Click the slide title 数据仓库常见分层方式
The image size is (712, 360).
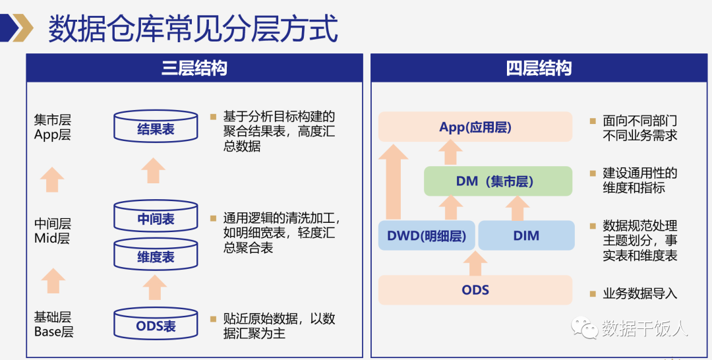[x=193, y=28]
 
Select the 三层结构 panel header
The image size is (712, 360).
[x=194, y=68]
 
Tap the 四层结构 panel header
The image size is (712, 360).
[x=539, y=68]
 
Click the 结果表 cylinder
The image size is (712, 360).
[x=156, y=127]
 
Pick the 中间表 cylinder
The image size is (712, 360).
[x=156, y=216]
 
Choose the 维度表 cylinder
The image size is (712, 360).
[x=156, y=255]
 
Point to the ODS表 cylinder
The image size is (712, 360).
[x=156, y=324]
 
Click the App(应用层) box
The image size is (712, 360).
[x=475, y=127]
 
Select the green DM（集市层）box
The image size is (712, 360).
[x=498, y=181]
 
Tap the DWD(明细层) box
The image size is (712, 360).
[x=427, y=235]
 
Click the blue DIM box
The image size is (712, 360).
[x=526, y=235]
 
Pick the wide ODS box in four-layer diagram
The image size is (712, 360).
[x=475, y=289]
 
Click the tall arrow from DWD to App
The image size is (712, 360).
[x=393, y=181]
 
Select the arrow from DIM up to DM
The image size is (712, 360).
[x=518, y=208]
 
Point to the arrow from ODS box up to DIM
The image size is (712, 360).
[x=475, y=263]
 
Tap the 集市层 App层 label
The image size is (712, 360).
[x=53, y=127]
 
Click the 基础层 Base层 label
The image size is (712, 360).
[x=53, y=324]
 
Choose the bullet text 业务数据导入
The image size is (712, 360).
[x=639, y=293]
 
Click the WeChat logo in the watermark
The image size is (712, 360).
[x=584, y=327]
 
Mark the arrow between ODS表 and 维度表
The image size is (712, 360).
[x=154, y=287]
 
